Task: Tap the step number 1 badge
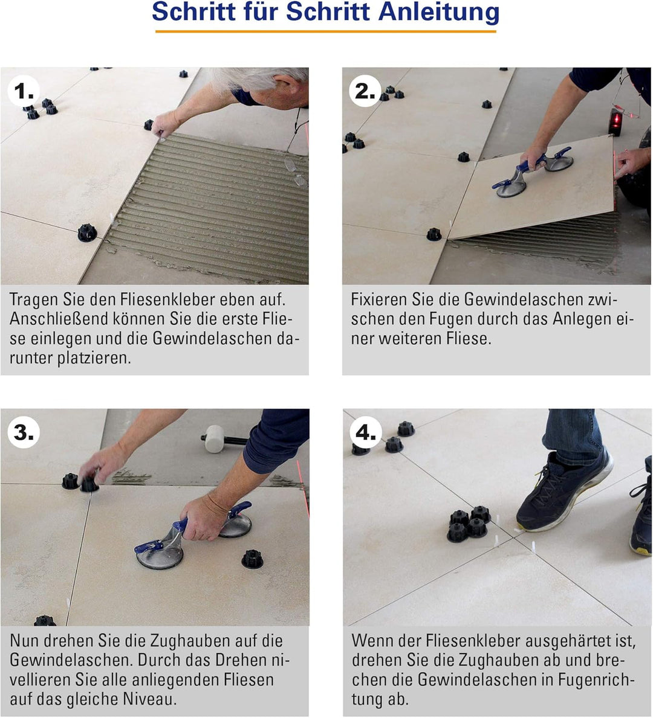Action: point(24,91)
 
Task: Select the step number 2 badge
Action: point(365,91)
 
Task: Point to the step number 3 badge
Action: point(24,432)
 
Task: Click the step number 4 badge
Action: point(365,432)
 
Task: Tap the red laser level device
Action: point(617,120)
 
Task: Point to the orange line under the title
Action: point(325,31)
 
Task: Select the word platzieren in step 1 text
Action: point(94,358)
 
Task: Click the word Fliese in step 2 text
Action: point(469,339)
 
